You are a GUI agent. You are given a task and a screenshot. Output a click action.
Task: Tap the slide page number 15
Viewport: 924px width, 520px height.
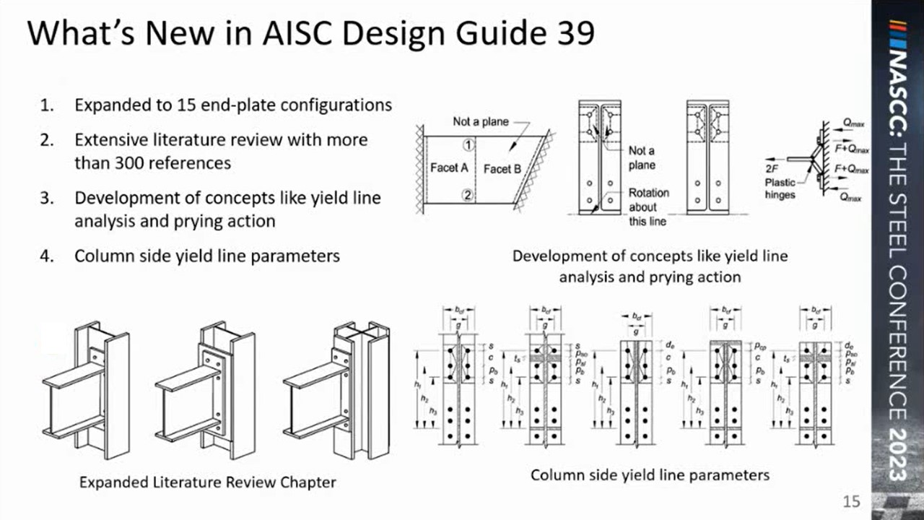(853, 501)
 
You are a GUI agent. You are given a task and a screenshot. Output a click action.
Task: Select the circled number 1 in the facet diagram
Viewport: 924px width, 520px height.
(468, 144)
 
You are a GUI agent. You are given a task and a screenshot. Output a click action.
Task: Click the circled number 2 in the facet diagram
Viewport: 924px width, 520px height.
(468, 194)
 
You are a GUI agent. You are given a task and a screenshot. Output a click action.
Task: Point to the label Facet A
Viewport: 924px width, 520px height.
(448, 168)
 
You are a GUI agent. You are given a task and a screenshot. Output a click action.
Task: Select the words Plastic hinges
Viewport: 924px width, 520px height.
(780, 188)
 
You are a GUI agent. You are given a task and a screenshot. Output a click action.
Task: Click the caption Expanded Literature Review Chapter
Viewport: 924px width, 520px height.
(208, 482)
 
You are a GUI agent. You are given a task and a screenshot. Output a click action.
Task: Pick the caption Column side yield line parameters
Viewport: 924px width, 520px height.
(650, 474)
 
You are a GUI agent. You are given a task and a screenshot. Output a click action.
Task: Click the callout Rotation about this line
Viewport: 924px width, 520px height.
(648, 207)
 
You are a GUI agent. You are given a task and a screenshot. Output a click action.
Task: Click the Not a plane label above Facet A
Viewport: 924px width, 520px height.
(481, 121)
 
